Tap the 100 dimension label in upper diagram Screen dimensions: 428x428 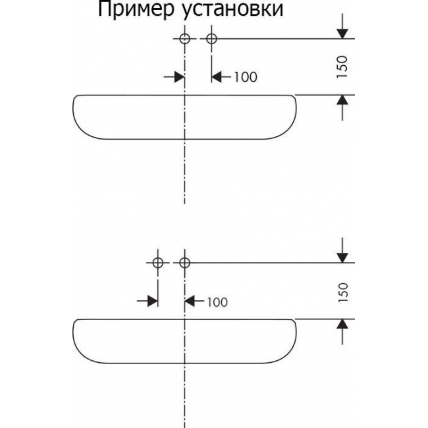click(x=245, y=77)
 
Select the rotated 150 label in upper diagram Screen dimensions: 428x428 click(x=341, y=67)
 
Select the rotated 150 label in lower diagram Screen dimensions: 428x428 click(x=341, y=290)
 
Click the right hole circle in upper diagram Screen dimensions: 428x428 click(x=211, y=39)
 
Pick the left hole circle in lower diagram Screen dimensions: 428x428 click(x=158, y=263)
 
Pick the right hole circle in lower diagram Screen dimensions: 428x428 click(x=185, y=263)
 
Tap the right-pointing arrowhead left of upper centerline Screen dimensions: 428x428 click(x=179, y=77)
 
